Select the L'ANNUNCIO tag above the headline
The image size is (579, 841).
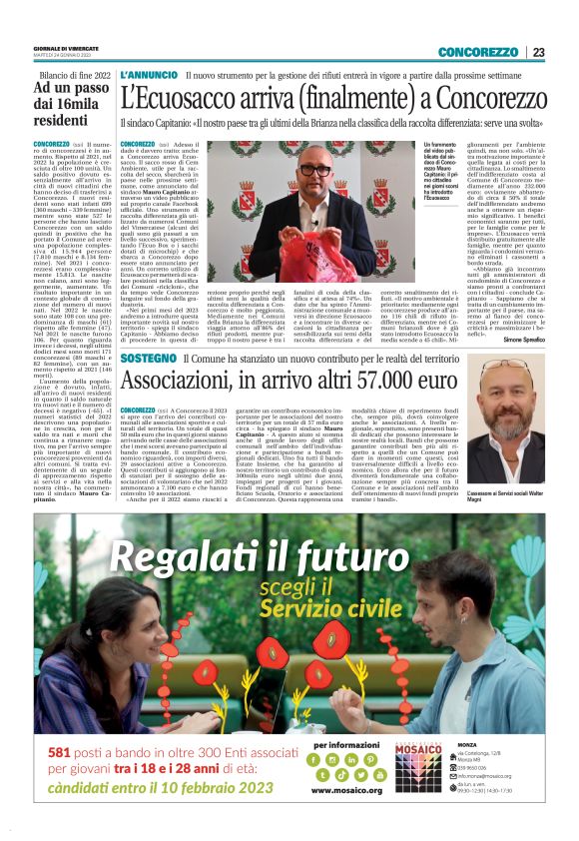tap(148, 76)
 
